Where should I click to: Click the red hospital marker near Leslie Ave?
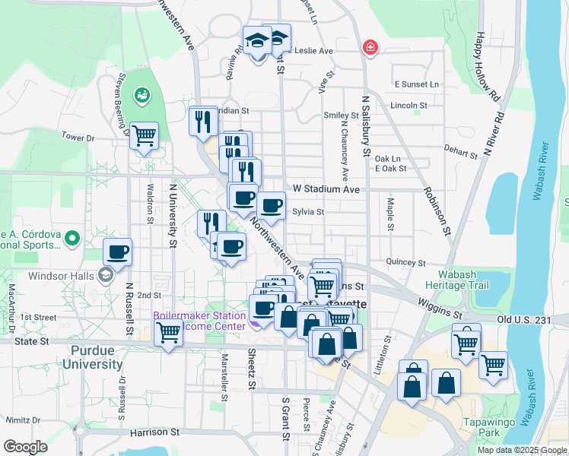point(370,47)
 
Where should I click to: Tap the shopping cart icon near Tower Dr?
point(144,136)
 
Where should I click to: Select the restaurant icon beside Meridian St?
point(203,121)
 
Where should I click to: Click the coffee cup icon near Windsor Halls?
point(117,252)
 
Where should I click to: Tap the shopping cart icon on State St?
point(168,332)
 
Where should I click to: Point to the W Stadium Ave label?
point(326,188)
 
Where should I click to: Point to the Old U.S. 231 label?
point(524,320)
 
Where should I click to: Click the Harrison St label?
point(154,432)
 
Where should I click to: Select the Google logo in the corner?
point(25,447)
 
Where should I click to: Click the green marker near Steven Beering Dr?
point(142,95)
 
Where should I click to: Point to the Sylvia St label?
point(308,212)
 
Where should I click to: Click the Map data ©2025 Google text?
point(520,450)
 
